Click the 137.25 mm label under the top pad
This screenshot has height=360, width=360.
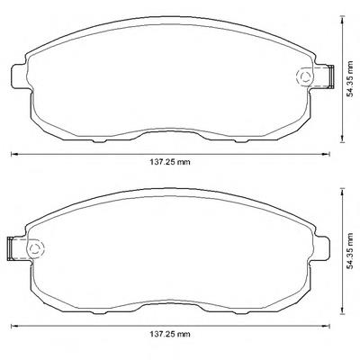(x=170, y=162)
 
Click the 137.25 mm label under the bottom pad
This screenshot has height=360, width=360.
(x=170, y=334)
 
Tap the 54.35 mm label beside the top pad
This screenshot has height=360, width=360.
(x=349, y=79)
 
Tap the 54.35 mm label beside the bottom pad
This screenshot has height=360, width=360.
(x=349, y=251)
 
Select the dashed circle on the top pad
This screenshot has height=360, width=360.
(x=305, y=77)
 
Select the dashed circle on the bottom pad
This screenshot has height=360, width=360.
(x=35, y=248)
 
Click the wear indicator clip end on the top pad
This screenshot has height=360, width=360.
(x=331, y=76)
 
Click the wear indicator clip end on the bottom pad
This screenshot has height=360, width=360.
(x=9, y=248)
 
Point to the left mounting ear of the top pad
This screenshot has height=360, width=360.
(x=19, y=76)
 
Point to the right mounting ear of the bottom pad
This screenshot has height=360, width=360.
(x=321, y=248)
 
